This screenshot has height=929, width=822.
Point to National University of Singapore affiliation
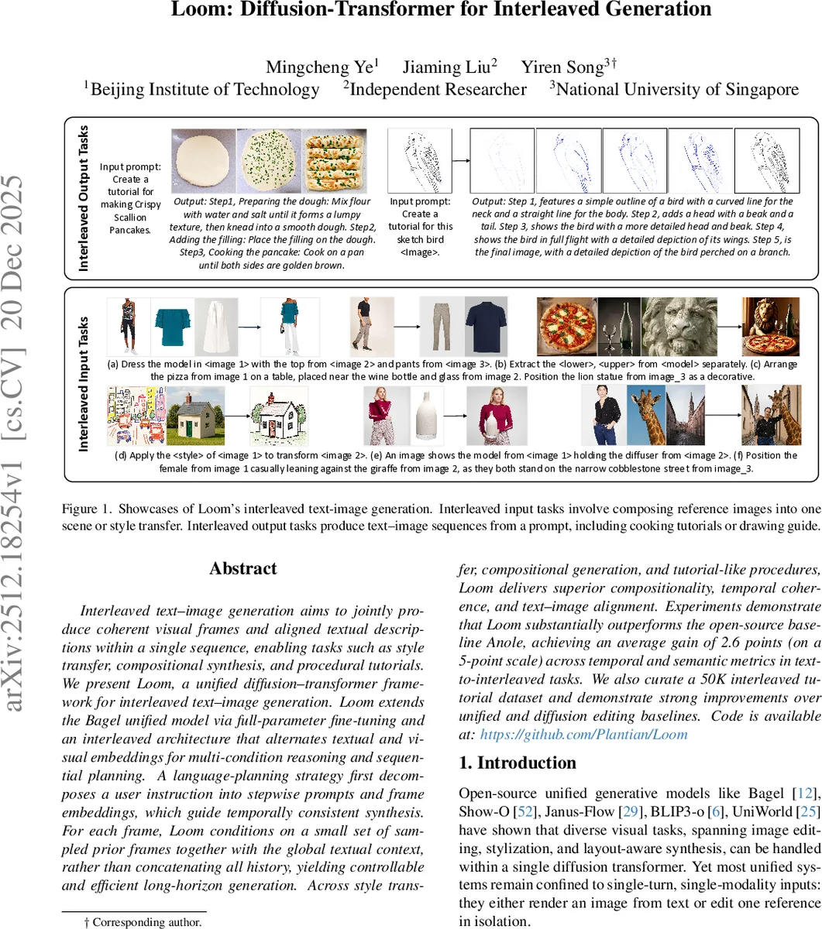click(674, 89)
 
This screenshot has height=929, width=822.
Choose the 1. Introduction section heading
click(518, 763)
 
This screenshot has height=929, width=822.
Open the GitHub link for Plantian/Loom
click(583, 734)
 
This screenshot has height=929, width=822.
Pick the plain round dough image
click(201, 161)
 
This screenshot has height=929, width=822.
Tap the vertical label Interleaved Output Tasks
click(84, 197)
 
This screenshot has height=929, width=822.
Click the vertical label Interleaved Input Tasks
click(84, 383)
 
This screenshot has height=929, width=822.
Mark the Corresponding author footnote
click(143, 921)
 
